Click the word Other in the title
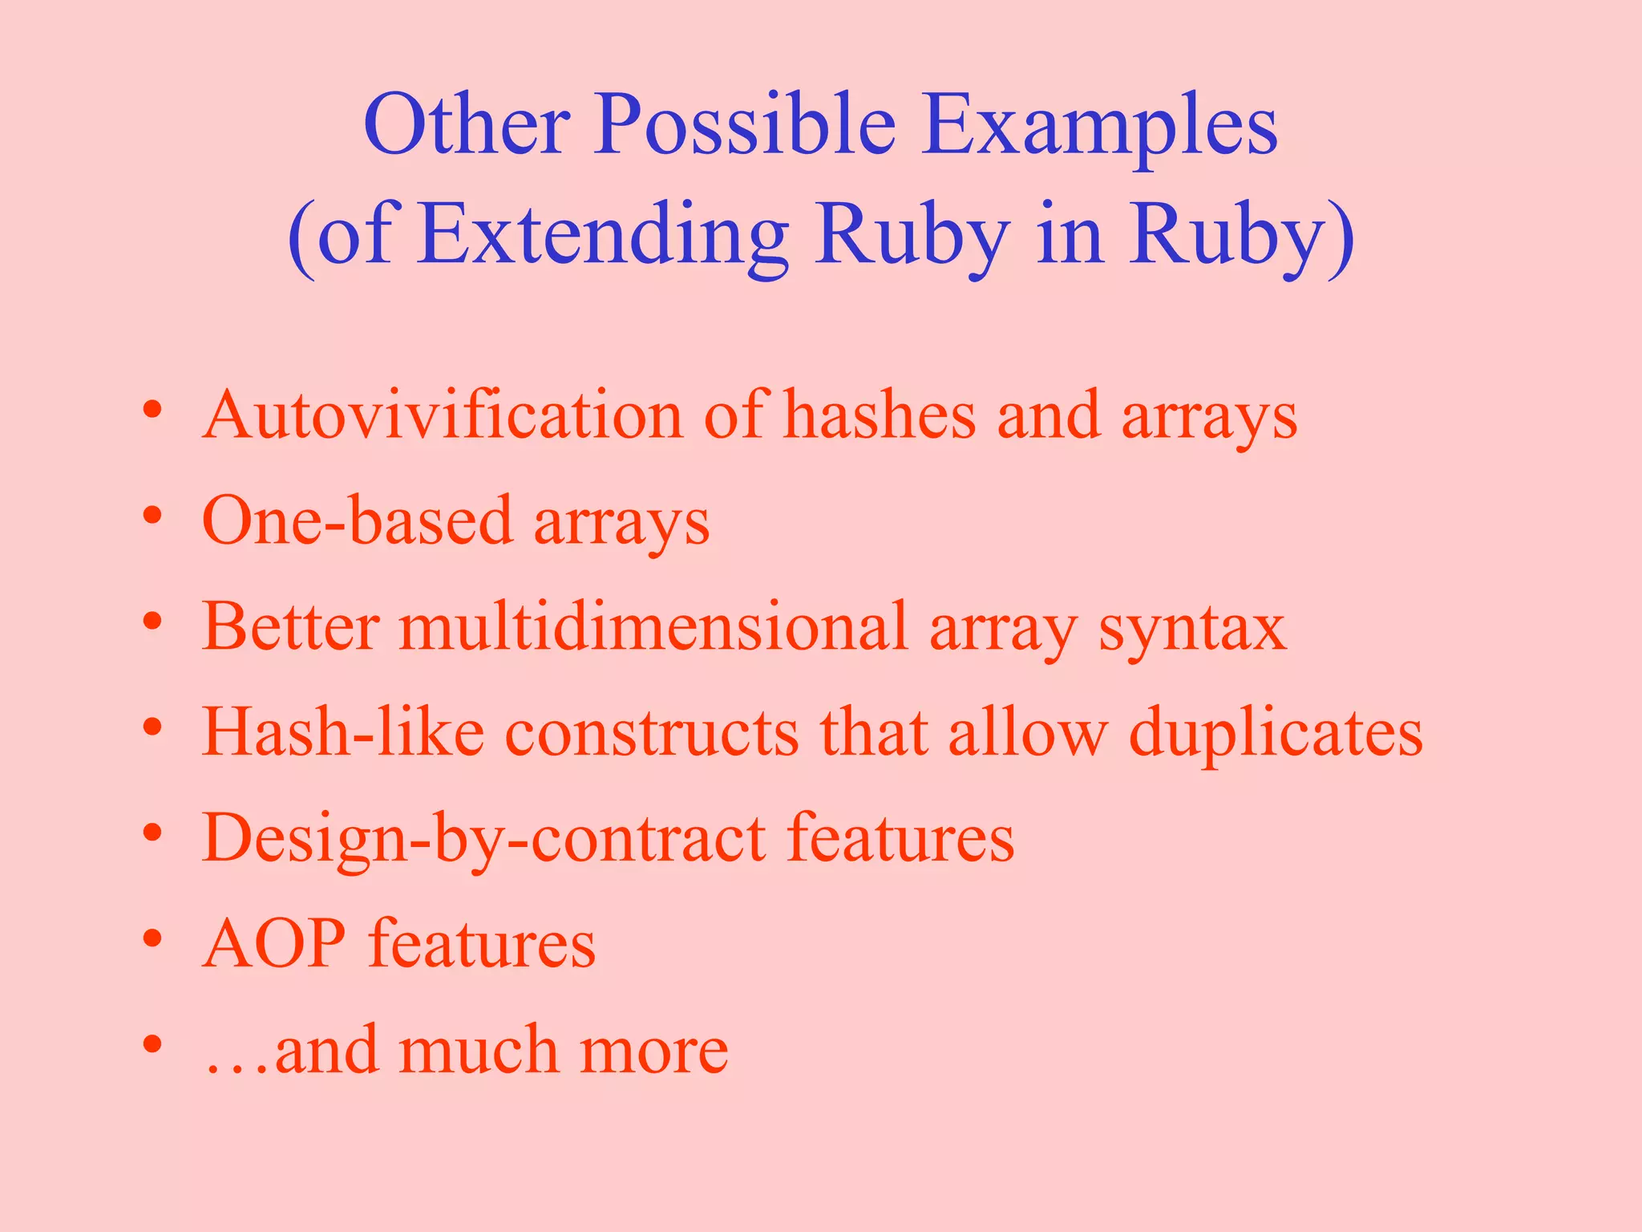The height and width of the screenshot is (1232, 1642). point(467,124)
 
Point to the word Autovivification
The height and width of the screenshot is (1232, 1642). point(442,415)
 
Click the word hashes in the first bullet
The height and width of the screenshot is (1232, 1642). point(879,415)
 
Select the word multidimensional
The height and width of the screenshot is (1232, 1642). point(653,626)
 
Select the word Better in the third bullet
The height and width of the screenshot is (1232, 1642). point(290,626)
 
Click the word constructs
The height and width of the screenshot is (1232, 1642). point(651,731)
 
